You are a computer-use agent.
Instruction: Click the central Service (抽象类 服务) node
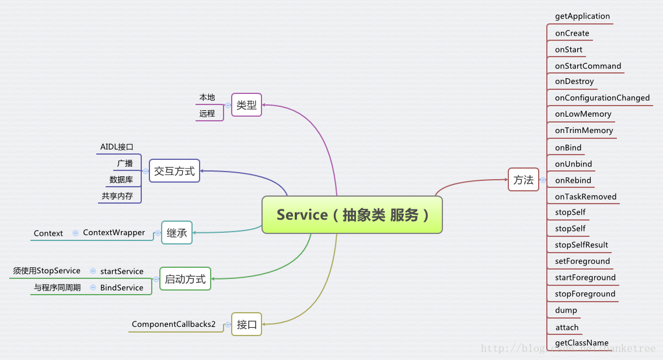352,215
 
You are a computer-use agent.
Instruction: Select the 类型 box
246,105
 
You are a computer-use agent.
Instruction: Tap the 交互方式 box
174,171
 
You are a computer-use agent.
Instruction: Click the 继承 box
176,233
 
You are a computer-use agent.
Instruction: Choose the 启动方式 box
185,279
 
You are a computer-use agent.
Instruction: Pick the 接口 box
246,324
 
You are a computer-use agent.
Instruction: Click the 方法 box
523,180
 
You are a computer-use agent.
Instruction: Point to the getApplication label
582,16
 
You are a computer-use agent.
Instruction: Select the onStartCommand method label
588,66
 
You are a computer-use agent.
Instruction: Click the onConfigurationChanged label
602,98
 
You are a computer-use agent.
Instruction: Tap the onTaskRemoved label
585,197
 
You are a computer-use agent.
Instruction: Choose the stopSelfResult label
581,245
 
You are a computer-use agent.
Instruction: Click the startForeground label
585,278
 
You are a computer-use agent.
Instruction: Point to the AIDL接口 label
117,147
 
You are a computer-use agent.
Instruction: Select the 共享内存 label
117,196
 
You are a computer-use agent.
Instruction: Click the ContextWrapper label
114,233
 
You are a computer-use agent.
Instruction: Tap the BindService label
121,288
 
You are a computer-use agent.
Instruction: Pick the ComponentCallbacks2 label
173,324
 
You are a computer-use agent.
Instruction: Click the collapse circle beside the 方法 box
543,180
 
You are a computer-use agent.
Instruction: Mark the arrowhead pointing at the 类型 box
264,105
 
